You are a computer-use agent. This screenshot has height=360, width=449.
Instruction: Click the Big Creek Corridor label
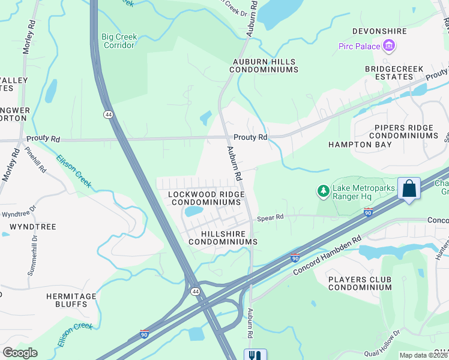click(119, 41)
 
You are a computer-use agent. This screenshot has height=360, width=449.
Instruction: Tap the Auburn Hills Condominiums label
click(264, 65)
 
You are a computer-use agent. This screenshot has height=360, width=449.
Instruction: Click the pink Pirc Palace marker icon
click(389, 46)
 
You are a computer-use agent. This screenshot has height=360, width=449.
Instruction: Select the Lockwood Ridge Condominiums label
click(206, 199)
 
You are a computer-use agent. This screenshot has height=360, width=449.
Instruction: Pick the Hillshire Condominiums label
click(223, 237)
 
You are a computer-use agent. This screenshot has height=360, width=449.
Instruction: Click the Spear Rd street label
click(270, 218)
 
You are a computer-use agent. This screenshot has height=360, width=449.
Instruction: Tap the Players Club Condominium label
click(360, 283)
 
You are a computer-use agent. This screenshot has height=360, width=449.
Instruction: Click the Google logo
click(20, 353)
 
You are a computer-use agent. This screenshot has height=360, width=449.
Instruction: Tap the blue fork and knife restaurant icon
click(253, 355)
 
